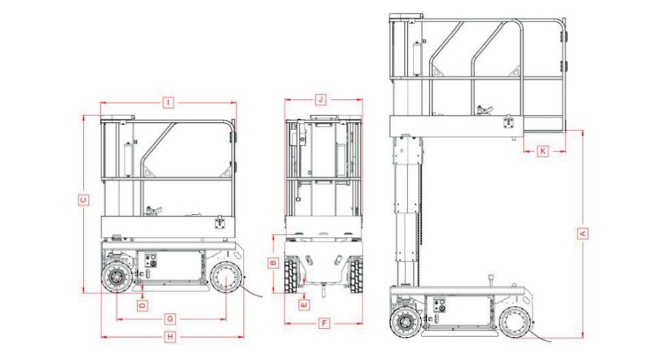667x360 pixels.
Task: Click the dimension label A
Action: point(583,233)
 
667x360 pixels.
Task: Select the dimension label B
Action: point(273,263)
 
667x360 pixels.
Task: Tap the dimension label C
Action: point(84,200)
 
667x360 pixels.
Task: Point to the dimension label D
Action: point(143,304)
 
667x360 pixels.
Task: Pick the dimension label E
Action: point(304,304)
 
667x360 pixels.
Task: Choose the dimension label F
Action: point(324,324)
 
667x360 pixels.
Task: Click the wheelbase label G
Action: point(169,319)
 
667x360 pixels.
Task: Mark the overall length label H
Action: point(170,337)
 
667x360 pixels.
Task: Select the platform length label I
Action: point(168,102)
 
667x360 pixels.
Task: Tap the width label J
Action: point(321,99)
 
